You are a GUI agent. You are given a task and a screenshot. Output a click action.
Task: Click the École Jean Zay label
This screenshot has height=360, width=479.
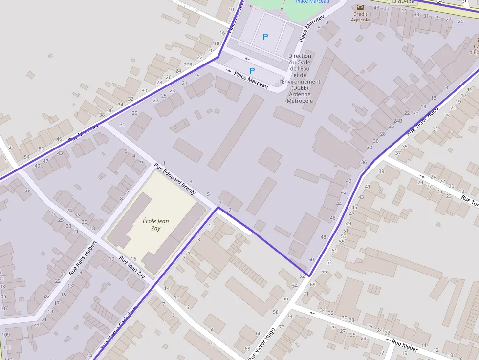[155, 225]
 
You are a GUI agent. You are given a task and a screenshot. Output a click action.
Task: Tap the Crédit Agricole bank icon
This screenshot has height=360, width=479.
[360, 7]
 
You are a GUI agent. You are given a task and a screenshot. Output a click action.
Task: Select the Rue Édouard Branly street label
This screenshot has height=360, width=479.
[174, 179]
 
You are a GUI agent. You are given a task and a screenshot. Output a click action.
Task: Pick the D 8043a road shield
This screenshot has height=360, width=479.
[403, 2]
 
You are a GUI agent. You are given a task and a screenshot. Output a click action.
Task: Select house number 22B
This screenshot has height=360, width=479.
[188, 64]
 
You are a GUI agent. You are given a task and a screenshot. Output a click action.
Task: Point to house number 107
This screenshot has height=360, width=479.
[4, 308]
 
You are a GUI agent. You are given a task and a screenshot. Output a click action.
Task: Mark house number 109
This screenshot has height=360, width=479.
[5, 335]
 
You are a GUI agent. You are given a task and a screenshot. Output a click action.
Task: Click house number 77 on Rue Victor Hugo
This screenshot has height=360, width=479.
[281, 327]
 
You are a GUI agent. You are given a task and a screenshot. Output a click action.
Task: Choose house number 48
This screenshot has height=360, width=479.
[323, 237]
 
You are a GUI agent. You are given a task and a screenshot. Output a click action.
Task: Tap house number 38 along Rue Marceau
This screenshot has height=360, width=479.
[102, 115]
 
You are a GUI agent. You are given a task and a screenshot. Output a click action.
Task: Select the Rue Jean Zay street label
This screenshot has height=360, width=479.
[132, 267]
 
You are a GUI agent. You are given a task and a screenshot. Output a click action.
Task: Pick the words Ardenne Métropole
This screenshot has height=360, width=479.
[300, 97]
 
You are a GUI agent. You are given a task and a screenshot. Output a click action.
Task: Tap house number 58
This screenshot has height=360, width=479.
[276, 312]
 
